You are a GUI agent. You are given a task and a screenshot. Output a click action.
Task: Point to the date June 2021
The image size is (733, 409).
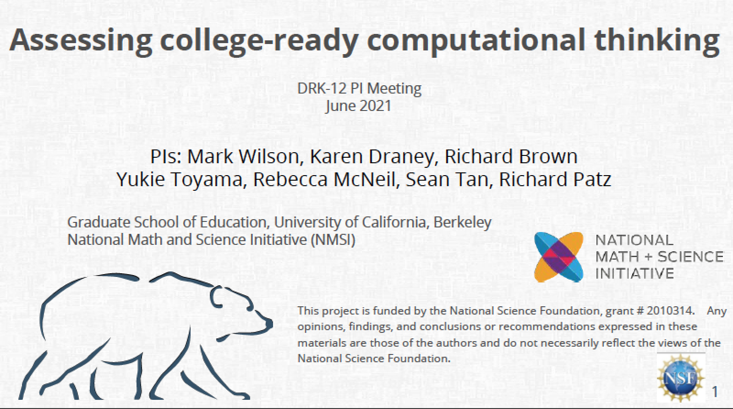[359, 106]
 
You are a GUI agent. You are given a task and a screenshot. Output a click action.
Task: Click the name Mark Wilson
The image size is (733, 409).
[243, 156]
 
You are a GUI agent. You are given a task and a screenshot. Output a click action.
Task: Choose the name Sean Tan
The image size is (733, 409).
[447, 179]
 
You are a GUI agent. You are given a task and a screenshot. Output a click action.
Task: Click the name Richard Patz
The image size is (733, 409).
[555, 179]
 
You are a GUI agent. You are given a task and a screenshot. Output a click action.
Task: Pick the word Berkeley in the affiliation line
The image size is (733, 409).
[462, 222]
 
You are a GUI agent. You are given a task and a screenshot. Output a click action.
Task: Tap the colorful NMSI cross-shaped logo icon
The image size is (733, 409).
[558, 257]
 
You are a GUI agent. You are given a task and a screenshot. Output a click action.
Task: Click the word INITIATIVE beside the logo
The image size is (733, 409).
[635, 273]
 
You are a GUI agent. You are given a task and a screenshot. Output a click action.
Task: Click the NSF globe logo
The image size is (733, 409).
[681, 379]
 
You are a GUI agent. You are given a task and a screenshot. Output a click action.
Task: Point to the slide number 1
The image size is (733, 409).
[715, 392]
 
